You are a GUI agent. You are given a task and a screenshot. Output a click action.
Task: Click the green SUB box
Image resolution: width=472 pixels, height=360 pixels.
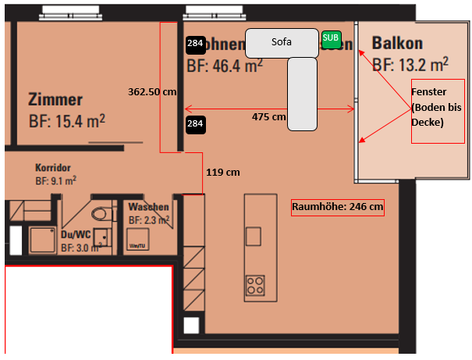(x=331, y=38)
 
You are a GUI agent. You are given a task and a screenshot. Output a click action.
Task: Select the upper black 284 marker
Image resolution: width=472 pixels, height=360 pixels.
(x=195, y=44)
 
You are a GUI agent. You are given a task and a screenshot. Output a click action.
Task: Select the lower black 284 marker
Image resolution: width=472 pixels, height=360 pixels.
(x=195, y=123)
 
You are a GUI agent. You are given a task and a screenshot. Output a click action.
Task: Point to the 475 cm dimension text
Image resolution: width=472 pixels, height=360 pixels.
(x=268, y=116)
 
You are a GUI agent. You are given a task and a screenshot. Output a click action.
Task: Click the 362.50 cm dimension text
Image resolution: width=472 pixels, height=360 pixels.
(x=153, y=91)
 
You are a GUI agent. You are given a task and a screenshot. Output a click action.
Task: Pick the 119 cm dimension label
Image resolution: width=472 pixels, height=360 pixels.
(x=222, y=172)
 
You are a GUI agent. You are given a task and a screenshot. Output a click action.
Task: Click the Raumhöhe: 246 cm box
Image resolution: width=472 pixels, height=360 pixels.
(x=338, y=207)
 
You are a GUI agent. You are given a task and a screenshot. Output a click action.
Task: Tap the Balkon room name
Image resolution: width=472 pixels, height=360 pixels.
(x=397, y=43)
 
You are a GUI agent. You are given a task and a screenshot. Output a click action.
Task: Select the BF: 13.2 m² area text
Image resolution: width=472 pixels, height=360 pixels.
(x=410, y=63)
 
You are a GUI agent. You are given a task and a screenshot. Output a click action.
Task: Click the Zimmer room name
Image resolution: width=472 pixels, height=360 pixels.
(x=55, y=100)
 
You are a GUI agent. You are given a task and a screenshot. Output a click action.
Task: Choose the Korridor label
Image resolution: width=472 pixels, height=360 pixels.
(x=53, y=167)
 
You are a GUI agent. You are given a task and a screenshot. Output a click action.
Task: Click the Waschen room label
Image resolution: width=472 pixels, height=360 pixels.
(x=148, y=207)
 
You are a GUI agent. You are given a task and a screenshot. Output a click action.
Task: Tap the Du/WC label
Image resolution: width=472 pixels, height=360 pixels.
(x=76, y=233)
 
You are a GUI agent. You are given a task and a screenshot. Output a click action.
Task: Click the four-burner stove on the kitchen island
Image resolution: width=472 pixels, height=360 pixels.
(x=255, y=285)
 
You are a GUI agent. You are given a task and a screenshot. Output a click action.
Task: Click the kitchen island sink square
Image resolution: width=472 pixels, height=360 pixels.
(x=254, y=236)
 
